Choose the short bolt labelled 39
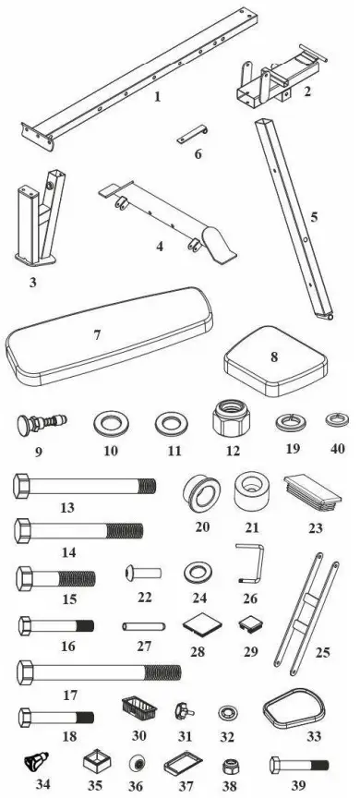pos(299,765)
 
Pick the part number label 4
pos(160,247)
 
